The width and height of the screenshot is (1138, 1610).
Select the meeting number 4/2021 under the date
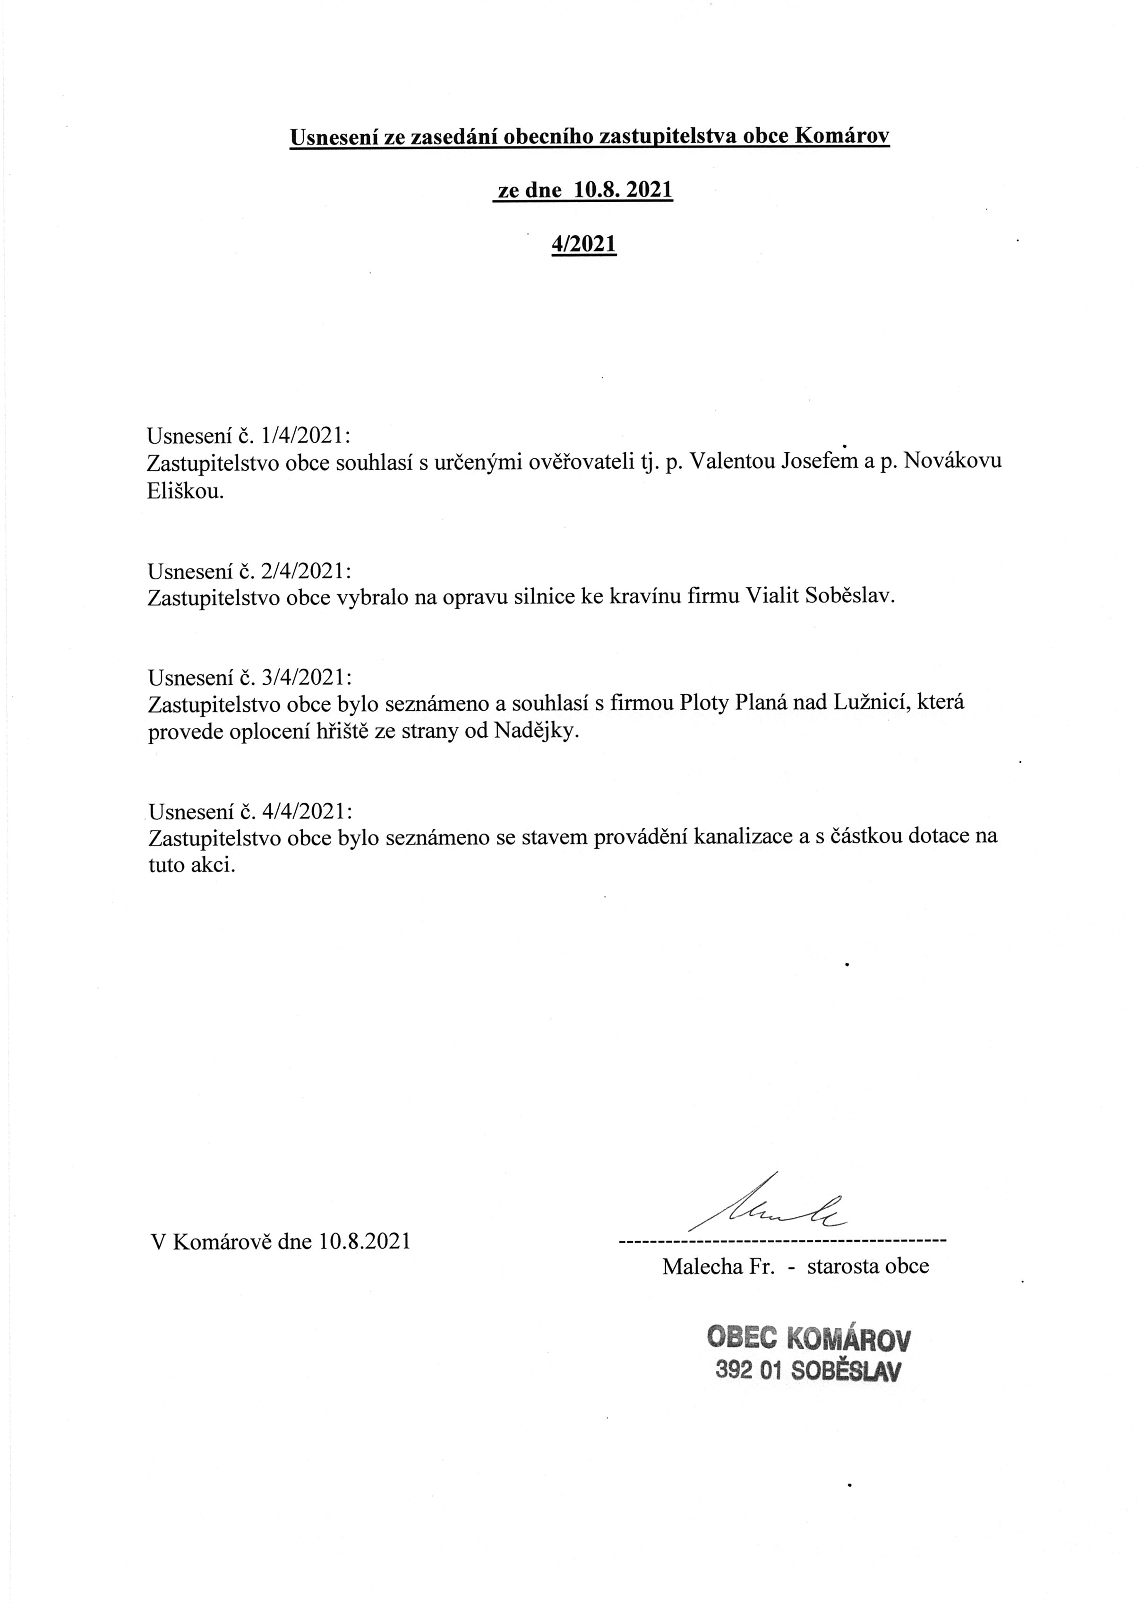tap(583, 243)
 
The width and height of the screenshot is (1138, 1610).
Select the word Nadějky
tap(536, 732)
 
